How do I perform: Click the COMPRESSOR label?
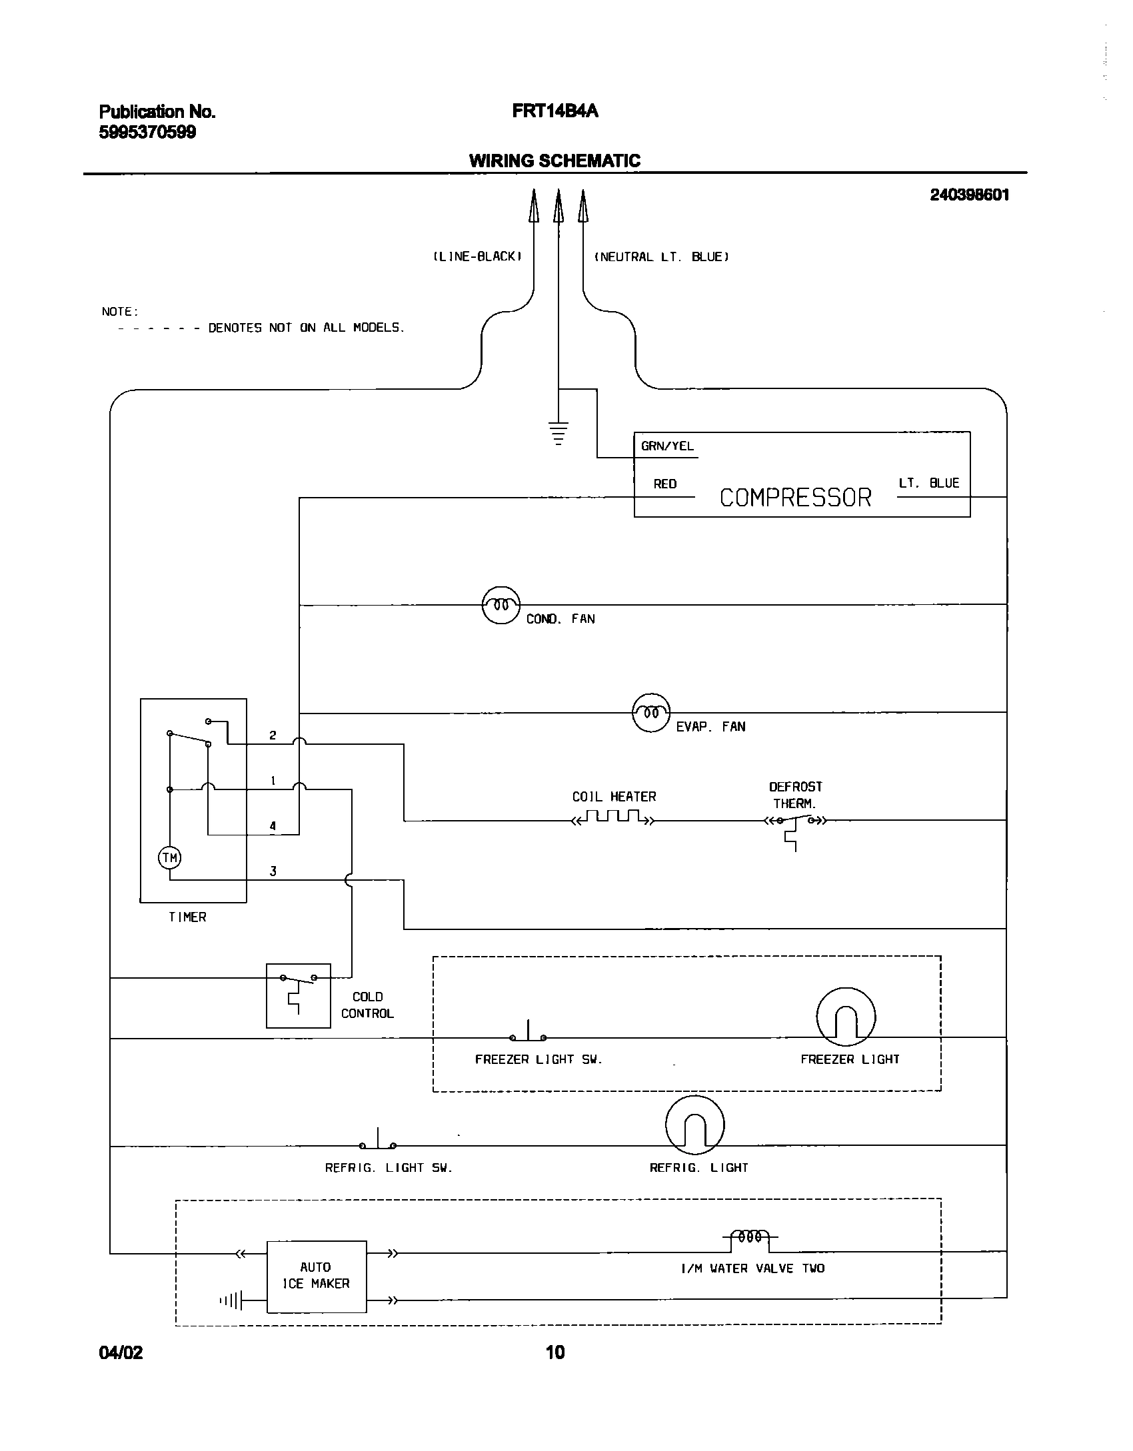795,498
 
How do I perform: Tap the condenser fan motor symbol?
501,605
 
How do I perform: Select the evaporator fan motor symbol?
650,713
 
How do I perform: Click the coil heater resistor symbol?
613,817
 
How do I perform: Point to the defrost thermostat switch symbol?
795,823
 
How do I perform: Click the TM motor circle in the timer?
170,857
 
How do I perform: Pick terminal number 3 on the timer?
273,871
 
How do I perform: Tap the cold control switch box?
298,995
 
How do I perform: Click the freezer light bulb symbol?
846,1018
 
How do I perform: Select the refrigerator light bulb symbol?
694,1126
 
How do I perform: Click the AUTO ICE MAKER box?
317,1276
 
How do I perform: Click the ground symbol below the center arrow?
559,432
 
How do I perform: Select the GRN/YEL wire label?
667,446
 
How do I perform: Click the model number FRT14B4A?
555,111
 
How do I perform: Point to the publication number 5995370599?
147,133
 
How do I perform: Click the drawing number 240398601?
969,195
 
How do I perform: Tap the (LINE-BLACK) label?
477,256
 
